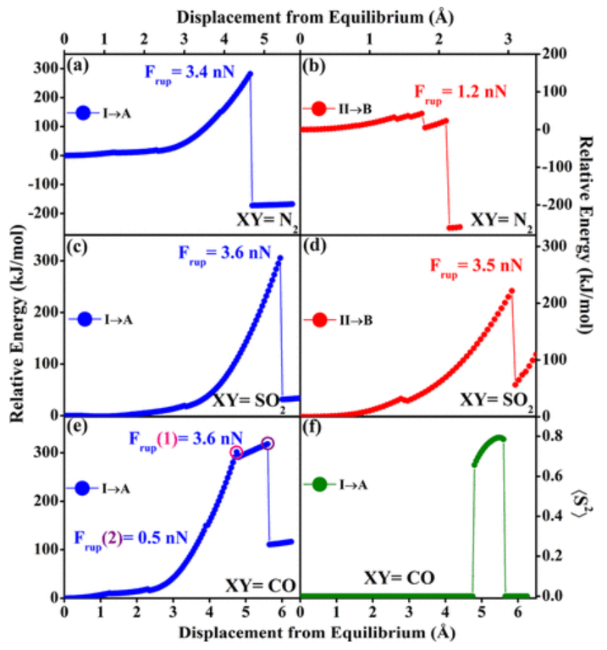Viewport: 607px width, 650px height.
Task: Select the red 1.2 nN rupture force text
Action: (x=460, y=91)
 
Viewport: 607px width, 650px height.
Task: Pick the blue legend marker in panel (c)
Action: (x=86, y=320)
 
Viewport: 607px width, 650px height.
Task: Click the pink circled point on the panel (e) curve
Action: (x=237, y=453)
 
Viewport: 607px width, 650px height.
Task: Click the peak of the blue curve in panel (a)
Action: (x=250, y=74)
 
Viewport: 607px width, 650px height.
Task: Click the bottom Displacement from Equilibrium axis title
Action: (x=297, y=635)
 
